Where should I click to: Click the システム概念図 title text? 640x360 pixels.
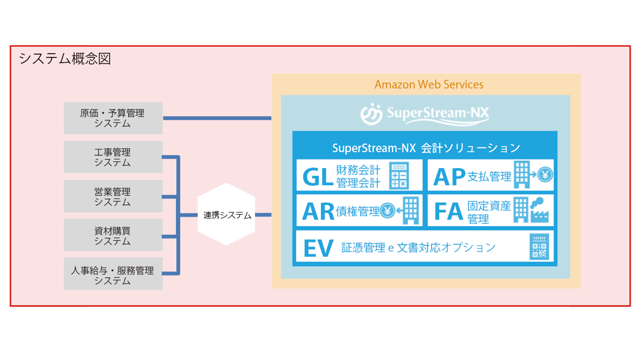(x=64, y=59)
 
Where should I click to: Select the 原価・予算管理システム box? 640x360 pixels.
(x=113, y=118)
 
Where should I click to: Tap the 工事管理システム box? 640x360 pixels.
(x=113, y=157)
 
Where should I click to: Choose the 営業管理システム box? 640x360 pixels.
(x=113, y=196)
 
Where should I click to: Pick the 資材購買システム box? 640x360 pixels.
(x=113, y=235)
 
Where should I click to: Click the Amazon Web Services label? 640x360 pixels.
(x=429, y=84)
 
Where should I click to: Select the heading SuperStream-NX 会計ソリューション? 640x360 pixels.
(x=426, y=148)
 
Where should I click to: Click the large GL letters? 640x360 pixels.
(x=318, y=176)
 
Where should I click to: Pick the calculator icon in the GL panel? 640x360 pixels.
(x=399, y=175)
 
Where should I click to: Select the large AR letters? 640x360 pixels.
(x=318, y=211)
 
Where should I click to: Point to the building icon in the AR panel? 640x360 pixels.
(x=411, y=210)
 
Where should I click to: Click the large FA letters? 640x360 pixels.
(x=449, y=211)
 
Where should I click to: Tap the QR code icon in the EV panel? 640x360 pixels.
(x=539, y=247)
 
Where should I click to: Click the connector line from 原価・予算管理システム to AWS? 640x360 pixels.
(x=217, y=118)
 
